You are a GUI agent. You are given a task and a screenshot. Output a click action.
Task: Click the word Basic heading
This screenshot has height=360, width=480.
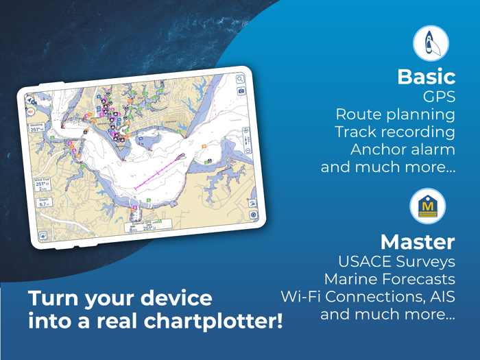tap(426, 77)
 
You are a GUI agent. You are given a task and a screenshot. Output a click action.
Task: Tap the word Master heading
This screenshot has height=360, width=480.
tap(417, 241)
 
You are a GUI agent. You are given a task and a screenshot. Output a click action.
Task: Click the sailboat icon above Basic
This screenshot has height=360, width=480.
tap(431, 43)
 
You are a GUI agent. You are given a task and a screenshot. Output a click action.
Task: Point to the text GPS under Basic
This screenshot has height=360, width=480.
tap(439, 97)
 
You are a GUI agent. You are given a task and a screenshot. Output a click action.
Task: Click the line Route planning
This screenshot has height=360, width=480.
tap(394, 114)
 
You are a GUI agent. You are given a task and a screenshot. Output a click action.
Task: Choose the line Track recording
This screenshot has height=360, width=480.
tap(394, 132)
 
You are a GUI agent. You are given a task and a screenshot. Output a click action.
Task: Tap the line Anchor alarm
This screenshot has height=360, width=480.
tap(403, 149)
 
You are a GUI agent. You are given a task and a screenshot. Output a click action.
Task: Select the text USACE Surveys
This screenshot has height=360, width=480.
tap(396, 261)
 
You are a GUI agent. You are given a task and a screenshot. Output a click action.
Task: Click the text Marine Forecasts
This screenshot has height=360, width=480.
tap(389, 279)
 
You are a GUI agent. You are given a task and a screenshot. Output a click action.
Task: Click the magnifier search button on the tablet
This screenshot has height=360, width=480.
tap(240, 80)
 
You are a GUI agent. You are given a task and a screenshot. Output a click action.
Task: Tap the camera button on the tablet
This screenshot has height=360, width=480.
tap(241, 91)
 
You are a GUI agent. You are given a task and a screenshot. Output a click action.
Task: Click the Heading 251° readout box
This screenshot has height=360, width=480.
tap(37, 128)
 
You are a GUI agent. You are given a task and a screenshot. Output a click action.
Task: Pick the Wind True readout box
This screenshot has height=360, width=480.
tap(42, 184)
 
